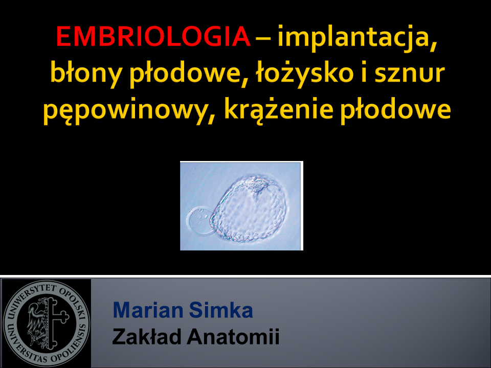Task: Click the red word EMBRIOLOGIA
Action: (153, 36)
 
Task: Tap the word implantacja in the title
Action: (357, 37)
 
